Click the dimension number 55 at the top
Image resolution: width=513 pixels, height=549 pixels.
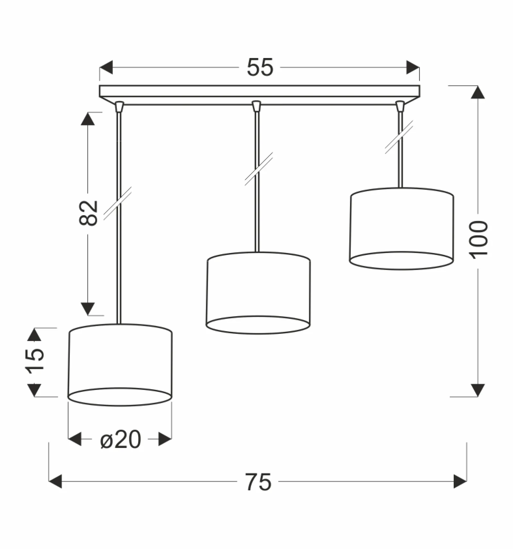[x=260, y=67]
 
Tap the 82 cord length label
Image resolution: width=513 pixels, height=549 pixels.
[x=88, y=213]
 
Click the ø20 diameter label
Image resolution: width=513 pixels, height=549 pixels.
[x=121, y=439]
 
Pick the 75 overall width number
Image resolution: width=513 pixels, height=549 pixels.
[x=258, y=482]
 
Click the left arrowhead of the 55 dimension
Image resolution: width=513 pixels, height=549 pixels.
[x=106, y=67]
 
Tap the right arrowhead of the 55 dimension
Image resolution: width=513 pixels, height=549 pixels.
[x=413, y=67]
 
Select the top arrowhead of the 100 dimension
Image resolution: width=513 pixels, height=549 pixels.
[x=478, y=92]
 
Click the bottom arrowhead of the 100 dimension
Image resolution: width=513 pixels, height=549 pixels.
[x=478, y=390]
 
